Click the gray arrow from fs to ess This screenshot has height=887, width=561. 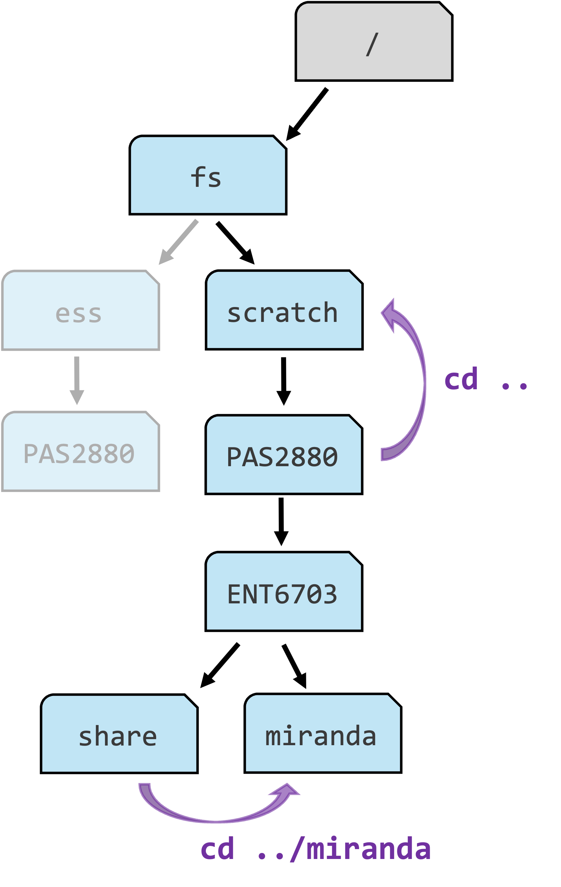click(179, 242)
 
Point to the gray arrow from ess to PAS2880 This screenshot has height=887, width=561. click(77, 380)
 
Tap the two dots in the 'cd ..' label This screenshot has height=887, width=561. click(515, 385)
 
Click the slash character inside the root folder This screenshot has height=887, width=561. click(372, 45)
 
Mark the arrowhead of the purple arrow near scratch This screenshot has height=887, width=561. click(389, 313)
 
